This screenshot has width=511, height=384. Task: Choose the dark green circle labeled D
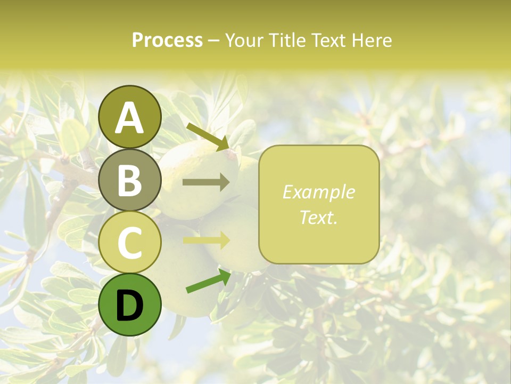click(x=130, y=305)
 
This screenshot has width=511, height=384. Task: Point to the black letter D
click(x=130, y=306)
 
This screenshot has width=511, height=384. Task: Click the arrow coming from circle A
click(x=208, y=137)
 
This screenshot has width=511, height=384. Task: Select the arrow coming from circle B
click(x=206, y=182)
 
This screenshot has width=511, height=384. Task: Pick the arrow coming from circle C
click(x=206, y=240)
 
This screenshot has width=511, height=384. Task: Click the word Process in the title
click(x=167, y=40)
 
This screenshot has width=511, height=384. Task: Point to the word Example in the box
click(x=319, y=192)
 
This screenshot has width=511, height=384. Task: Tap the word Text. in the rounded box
click(x=319, y=217)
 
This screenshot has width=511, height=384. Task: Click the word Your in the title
click(x=244, y=40)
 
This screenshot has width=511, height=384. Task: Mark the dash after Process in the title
click(x=213, y=41)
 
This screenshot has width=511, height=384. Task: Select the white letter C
click(x=130, y=243)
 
